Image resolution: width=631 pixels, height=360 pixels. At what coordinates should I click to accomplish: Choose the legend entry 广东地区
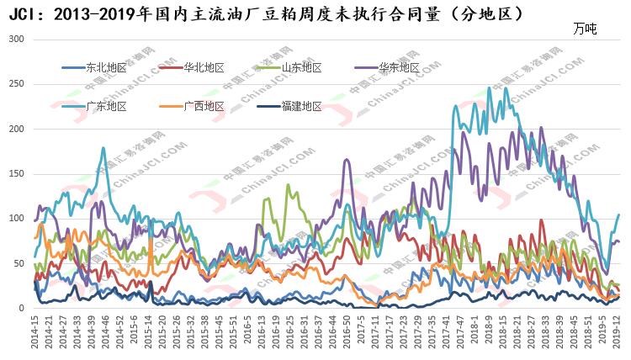click(106, 106)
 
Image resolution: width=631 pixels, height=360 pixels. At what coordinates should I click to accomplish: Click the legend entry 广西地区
click(204, 106)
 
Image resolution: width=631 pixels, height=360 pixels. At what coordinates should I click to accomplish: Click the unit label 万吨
click(584, 29)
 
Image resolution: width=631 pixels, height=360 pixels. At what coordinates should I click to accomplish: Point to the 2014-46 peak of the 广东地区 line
click(103, 149)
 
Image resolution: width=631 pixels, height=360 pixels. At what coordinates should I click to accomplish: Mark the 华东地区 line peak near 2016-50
click(345, 160)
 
